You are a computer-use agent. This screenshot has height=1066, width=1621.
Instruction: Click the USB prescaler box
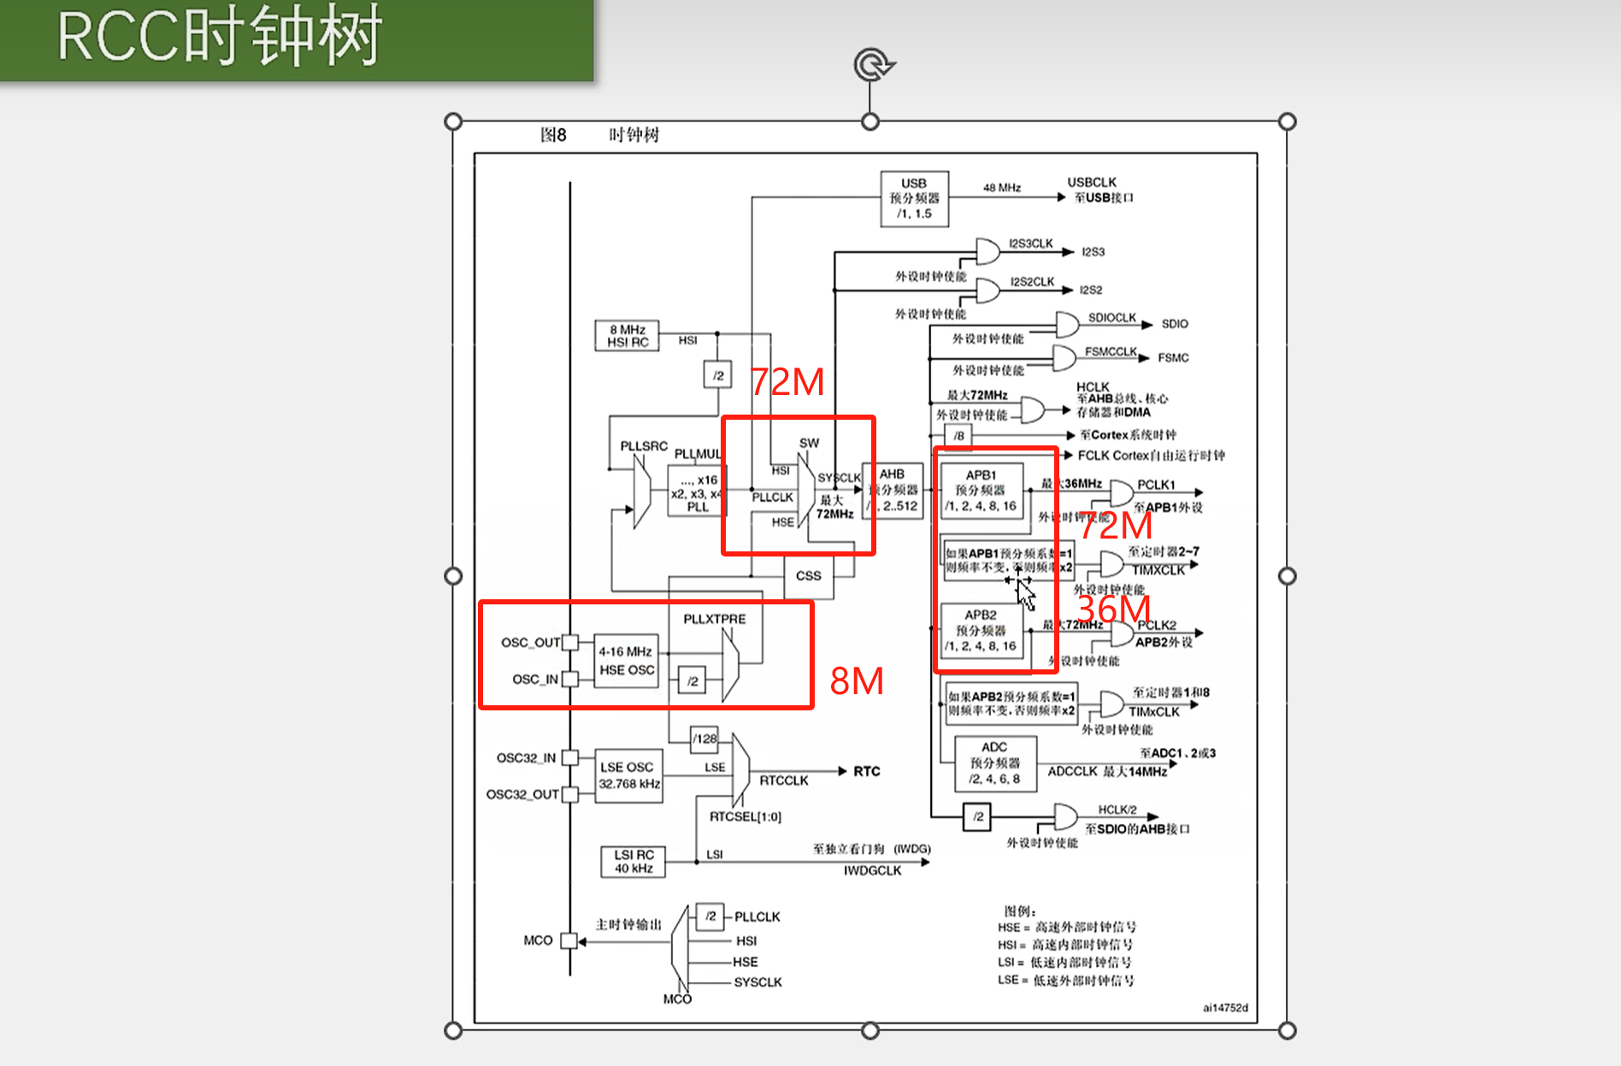914,198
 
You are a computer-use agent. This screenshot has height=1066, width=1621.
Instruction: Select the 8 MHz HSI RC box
627,336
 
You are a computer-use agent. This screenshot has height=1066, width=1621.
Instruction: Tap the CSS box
808,576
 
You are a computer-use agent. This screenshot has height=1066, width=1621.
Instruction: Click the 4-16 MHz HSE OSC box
626,661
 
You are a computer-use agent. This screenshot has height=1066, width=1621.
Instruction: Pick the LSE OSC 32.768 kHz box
628,775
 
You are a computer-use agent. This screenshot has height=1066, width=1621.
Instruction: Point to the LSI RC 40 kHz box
634,862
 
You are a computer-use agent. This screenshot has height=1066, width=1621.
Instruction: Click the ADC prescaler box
994,763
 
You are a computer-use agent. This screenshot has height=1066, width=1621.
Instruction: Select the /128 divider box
704,739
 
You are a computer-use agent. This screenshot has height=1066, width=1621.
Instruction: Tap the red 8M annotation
857,681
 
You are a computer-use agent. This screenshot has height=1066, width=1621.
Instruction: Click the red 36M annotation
1113,609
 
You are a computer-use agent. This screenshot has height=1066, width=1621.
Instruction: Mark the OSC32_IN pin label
526,758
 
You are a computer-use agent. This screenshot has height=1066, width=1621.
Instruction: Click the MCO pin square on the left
569,940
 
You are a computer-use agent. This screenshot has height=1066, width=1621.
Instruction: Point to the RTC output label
866,771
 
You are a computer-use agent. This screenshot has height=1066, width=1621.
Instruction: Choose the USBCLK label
1092,182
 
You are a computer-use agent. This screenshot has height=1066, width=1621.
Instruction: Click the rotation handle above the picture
872,65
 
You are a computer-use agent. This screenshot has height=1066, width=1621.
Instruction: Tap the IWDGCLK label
872,870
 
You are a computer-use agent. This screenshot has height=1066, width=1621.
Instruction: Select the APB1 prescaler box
981,491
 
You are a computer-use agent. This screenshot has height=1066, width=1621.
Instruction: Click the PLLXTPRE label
714,619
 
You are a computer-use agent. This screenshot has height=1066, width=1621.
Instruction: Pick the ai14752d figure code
1225,1008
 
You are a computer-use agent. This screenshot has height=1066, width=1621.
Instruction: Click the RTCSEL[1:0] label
745,816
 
